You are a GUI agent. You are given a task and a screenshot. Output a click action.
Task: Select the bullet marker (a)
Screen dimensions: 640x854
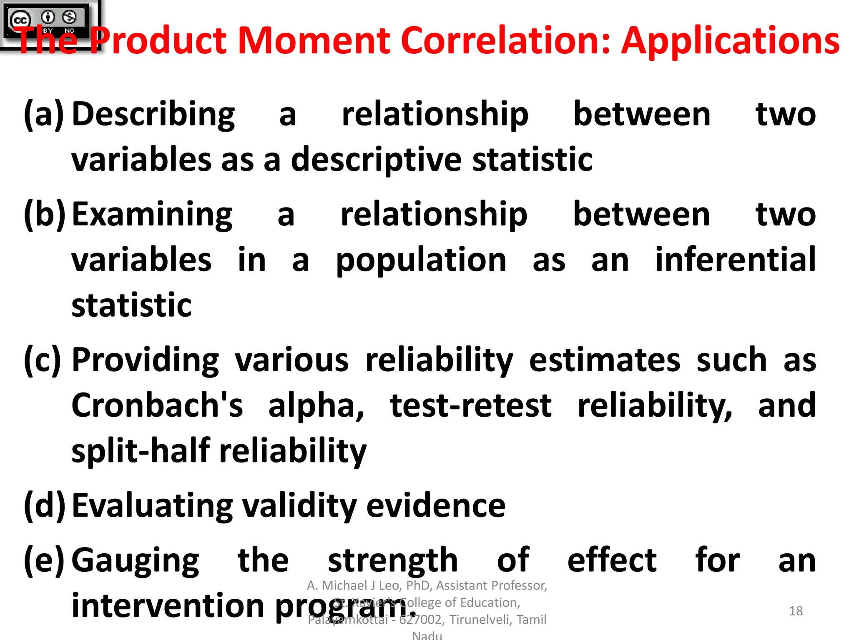44,114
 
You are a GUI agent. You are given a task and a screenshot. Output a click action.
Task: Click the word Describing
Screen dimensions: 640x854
153,115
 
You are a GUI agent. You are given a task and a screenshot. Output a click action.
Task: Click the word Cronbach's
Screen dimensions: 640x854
157,405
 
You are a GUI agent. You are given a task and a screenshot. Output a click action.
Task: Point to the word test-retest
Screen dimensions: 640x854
471,406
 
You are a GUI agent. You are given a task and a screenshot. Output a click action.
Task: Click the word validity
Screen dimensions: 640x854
299,506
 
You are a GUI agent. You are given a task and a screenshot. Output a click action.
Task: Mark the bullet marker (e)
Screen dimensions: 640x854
44,560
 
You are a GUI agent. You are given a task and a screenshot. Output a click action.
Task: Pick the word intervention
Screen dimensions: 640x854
168,605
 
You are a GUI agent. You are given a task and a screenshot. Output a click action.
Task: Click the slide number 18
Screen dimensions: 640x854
796,611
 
